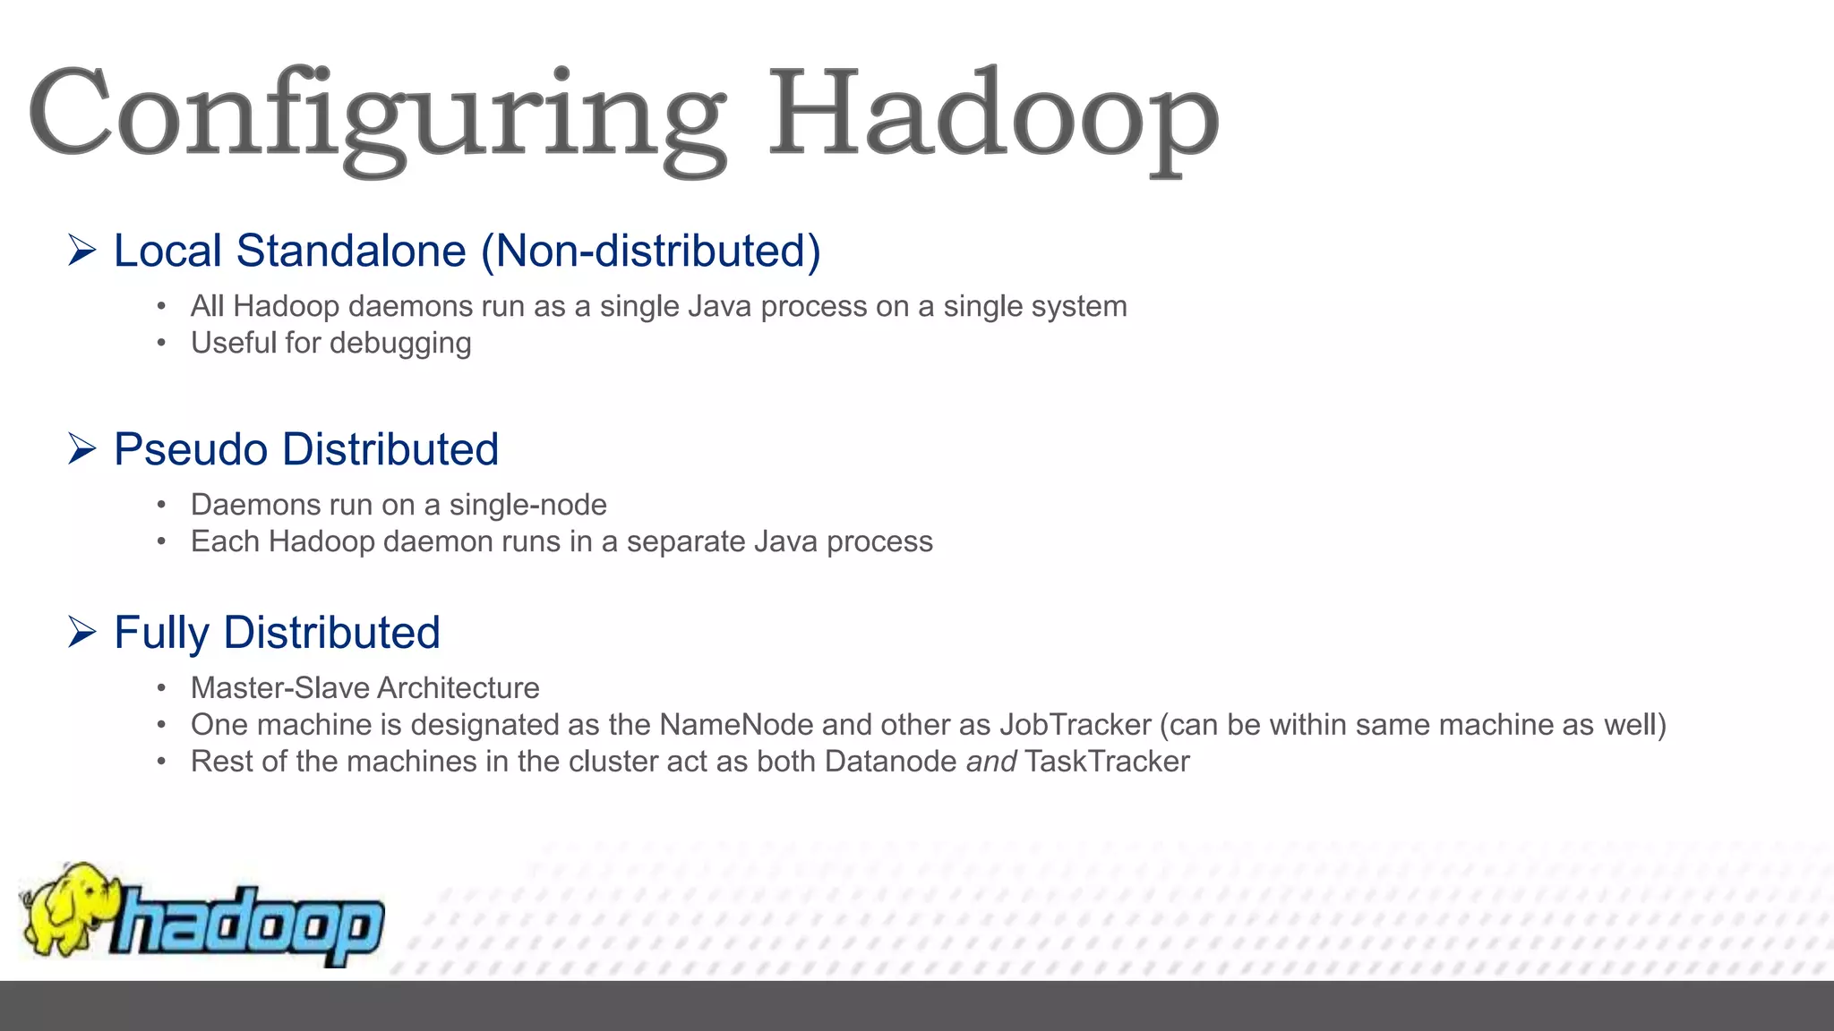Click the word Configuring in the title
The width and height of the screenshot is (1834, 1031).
[376, 116]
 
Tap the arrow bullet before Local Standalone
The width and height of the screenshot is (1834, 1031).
[81, 251]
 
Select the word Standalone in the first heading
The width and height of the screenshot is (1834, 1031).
[351, 251]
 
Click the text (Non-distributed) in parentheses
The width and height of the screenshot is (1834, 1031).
[651, 251]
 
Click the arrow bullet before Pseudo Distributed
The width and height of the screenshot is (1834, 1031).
[81, 449]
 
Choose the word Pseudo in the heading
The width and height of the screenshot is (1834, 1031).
[190, 449]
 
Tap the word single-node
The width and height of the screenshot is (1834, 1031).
[527, 505]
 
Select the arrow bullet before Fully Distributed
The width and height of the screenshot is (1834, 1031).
[81, 633]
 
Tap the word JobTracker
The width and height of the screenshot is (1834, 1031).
[1075, 725]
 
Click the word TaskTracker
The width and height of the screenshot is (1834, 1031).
[1107, 762]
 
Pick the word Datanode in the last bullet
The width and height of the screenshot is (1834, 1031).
[890, 762]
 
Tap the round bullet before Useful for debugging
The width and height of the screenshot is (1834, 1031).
[161, 344]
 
